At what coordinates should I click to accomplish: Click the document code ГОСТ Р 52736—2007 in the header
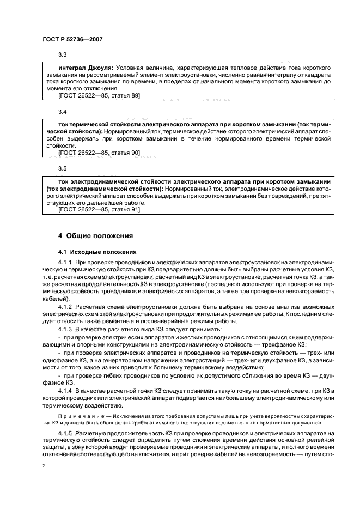tap(72, 40)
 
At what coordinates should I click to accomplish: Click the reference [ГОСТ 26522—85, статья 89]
tap(99, 95)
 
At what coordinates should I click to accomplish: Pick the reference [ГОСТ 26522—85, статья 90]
tap(99, 153)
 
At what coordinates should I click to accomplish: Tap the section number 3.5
tap(63, 169)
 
